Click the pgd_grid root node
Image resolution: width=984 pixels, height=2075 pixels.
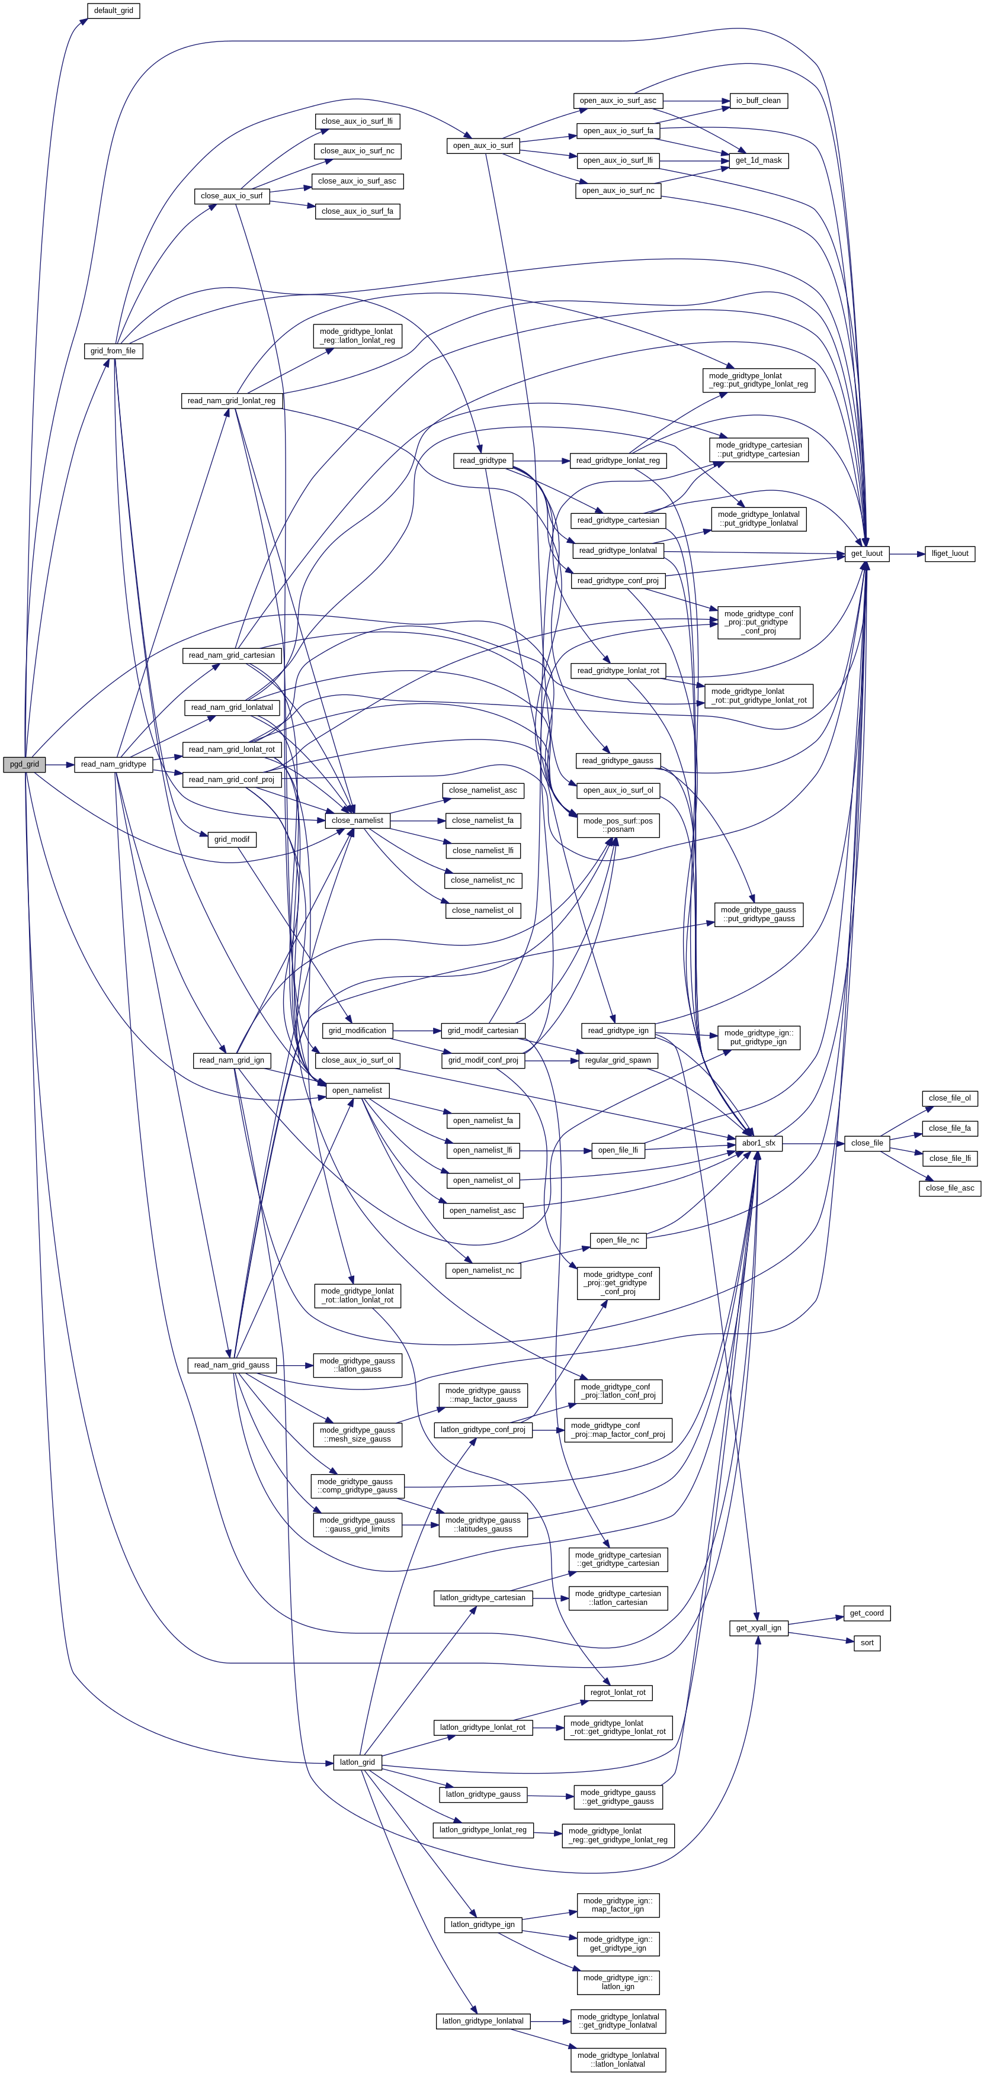click(x=24, y=764)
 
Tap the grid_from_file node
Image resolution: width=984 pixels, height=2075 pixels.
click(x=113, y=350)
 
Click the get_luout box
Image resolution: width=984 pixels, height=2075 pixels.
click(x=866, y=554)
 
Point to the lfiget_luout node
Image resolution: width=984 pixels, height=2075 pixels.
click(x=950, y=554)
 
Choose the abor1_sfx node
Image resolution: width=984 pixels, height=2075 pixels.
click(x=758, y=1143)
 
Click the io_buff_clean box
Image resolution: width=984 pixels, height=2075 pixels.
click(x=758, y=101)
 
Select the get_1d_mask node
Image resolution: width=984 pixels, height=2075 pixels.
click(x=758, y=160)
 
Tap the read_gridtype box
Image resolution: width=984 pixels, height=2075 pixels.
click(x=483, y=460)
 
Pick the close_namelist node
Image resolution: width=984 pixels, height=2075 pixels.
click(x=357, y=820)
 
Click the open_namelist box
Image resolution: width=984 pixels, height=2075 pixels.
click(x=357, y=1090)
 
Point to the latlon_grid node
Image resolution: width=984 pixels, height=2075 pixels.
click(x=357, y=1762)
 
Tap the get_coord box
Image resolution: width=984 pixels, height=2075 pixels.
click(x=866, y=1613)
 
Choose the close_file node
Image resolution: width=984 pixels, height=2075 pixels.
click(x=866, y=1143)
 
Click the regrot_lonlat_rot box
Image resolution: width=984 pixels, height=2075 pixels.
click(x=617, y=1693)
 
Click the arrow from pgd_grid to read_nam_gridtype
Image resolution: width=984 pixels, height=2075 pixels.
click(x=60, y=764)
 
